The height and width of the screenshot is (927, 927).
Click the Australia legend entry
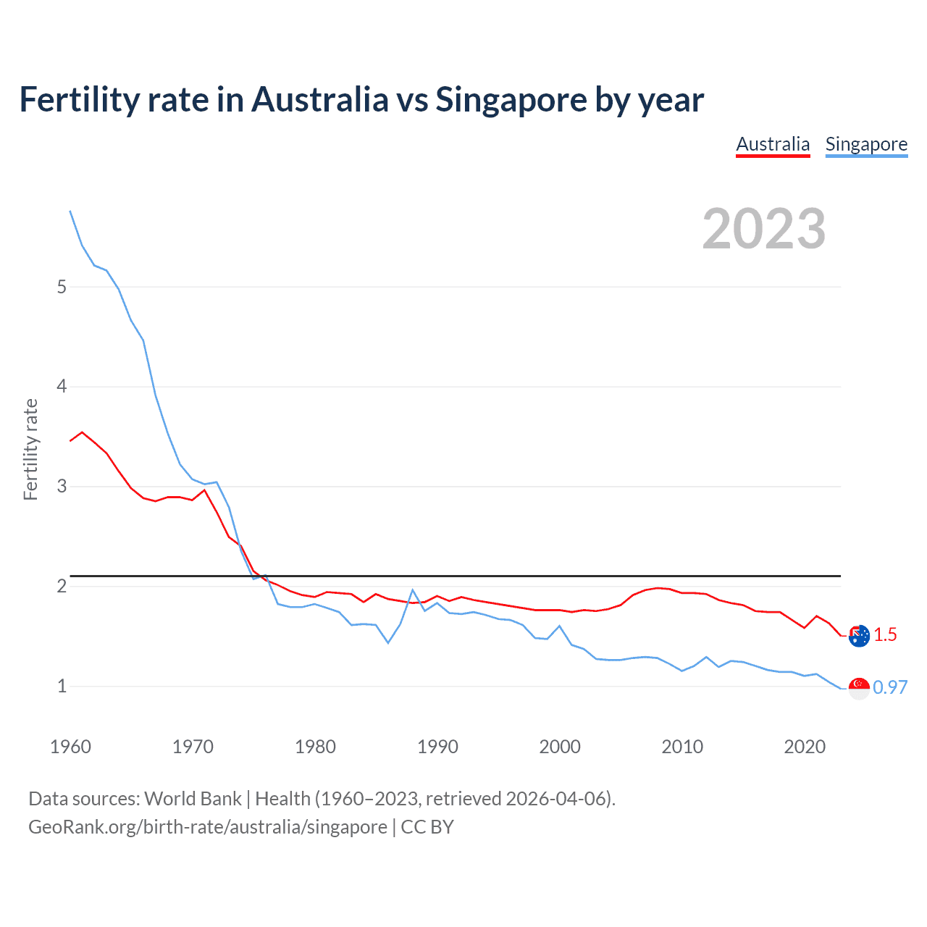click(773, 144)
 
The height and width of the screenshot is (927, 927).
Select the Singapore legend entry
click(866, 144)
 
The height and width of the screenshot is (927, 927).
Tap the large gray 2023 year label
click(764, 229)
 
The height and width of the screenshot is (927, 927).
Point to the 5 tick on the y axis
click(62, 287)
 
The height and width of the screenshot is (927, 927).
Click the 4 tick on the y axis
click(62, 386)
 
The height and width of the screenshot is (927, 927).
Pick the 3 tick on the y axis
click(62, 486)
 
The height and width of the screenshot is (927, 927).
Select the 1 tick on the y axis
click(62, 686)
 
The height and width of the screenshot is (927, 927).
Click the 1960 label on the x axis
click(70, 747)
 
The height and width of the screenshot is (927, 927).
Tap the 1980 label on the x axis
click(315, 747)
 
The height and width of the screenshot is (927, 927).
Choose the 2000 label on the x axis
click(560, 747)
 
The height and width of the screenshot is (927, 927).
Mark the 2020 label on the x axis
click(805, 747)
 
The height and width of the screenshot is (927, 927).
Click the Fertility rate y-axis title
click(30, 449)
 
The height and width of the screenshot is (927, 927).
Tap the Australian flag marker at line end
click(859, 636)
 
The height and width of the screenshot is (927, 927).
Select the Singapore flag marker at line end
click(859, 689)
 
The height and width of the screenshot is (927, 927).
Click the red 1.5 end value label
click(885, 635)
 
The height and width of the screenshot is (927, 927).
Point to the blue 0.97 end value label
click(890, 688)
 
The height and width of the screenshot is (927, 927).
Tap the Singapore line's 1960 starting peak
click(70, 211)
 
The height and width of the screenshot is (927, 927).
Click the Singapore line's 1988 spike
click(412, 590)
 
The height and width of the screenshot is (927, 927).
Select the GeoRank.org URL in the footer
click(207, 827)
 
